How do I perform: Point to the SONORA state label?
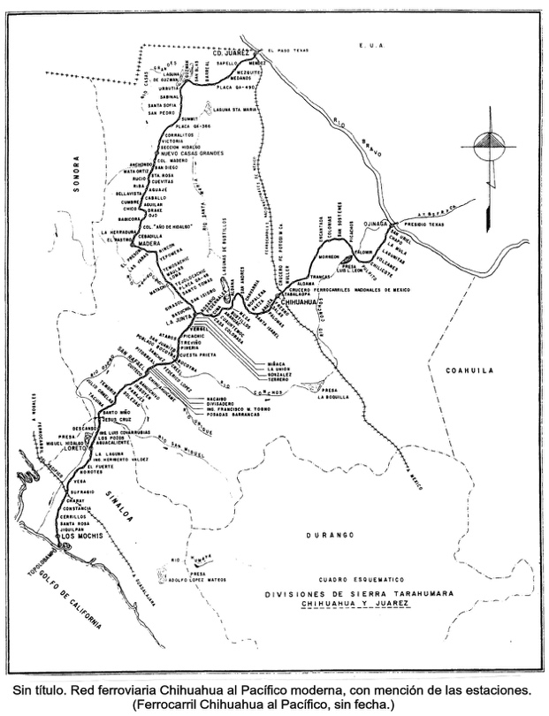(77, 172)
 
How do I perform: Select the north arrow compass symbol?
(488, 146)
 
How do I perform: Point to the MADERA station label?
(145, 247)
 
